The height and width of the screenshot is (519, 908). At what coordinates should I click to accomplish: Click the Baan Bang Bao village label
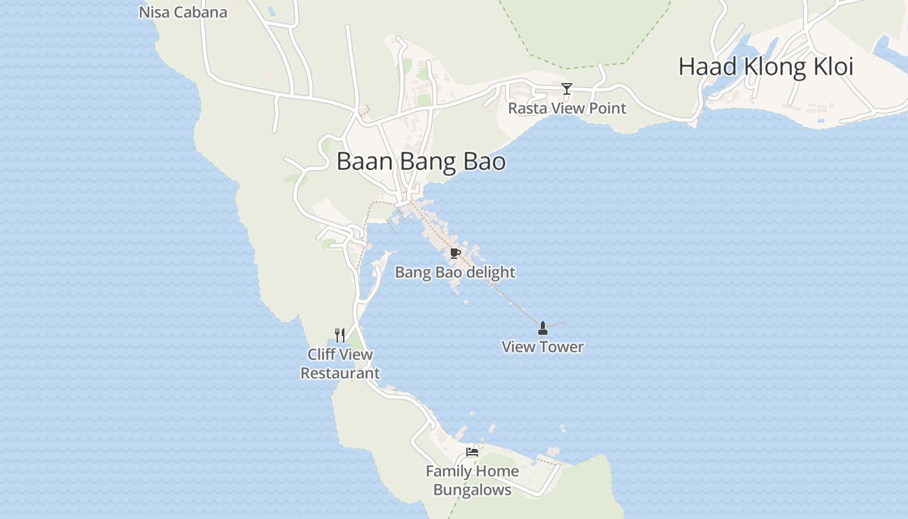click(421, 162)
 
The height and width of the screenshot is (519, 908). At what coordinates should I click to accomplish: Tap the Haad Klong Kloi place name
click(765, 67)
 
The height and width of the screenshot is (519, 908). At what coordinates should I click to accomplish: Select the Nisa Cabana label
click(183, 12)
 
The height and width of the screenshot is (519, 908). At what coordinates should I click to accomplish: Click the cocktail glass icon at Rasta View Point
click(567, 89)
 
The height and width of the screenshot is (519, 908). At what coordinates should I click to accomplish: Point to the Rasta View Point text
click(567, 108)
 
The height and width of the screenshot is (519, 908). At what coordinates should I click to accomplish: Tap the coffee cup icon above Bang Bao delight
click(455, 253)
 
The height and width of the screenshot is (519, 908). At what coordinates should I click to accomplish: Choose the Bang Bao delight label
click(455, 272)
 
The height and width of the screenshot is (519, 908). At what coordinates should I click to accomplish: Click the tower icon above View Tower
click(543, 328)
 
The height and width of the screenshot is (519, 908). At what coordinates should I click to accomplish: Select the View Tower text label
click(543, 347)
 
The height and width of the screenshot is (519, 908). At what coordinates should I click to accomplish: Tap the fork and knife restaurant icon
click(340, 335)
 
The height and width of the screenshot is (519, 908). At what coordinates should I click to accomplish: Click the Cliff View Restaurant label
click(340, 364)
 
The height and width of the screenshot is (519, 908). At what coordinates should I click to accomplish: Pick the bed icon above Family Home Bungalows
click(472, 452)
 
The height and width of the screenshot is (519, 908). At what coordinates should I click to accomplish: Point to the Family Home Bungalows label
click(472, 481)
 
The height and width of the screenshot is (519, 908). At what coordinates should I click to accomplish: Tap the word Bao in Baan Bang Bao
click(484, 162)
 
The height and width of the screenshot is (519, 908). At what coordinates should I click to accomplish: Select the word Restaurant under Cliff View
click(340, 374)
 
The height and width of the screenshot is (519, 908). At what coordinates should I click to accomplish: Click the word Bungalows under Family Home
click(472, 490)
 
